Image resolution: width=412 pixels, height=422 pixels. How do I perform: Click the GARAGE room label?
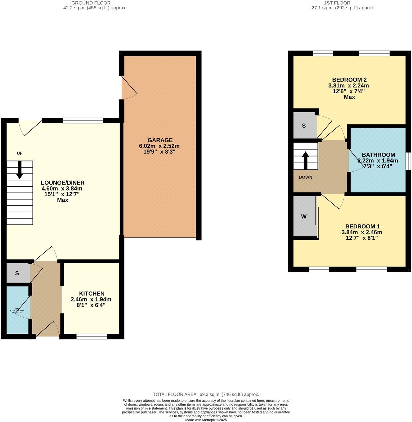tap(160, 140)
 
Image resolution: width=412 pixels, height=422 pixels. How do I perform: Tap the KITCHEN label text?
tap(92, 293)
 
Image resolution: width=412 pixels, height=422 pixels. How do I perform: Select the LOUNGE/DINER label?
tap(63, 183)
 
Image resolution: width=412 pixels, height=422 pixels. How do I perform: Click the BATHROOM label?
tap(378, 155)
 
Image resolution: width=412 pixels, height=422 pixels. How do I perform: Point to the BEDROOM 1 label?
tap(362, 226)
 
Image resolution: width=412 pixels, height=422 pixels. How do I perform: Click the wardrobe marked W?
tap(304, 217)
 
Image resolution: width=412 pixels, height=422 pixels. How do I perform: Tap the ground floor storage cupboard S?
tap(17, 273)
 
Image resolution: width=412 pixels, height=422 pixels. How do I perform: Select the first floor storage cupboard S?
tap(304, 126)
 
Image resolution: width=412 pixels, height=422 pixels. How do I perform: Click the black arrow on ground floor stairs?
tap(20, 170)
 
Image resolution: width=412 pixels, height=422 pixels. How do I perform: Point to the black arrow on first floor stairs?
tap(306, 160)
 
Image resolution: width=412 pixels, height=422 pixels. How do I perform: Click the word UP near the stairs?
tap(20, 153)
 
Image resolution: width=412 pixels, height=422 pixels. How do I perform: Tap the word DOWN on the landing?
tap(305, 177)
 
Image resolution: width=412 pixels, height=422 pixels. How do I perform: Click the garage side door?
tap(128, 88)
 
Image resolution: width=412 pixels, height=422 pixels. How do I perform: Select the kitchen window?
tap(92, 336)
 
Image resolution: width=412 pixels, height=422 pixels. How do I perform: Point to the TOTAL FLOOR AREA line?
tap(206, 394)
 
